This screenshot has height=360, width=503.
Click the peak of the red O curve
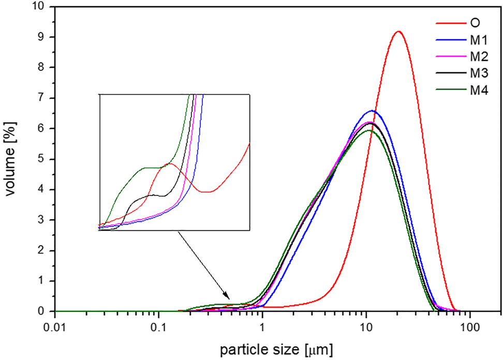point(398,32)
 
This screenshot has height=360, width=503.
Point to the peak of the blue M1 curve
point(372,111)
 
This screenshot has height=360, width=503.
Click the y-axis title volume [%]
point(11,159)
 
